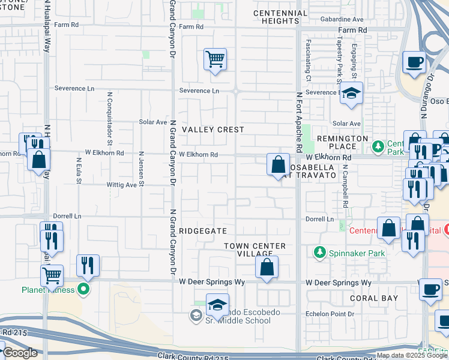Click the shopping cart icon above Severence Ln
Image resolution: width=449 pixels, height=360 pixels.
coord(215,59)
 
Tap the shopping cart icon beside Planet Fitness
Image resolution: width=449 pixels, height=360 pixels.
coord(52,276)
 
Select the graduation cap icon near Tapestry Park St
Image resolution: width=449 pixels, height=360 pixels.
coord(351,93)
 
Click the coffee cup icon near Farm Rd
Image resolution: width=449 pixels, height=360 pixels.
coord(414,62)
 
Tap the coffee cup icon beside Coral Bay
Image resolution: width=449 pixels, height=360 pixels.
coord(430,290)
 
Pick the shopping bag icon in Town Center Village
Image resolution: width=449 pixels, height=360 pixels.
coord(267,266)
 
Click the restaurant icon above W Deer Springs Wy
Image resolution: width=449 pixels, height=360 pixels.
coord(88,266)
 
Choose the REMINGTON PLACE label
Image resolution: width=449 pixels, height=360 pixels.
coord(342,142)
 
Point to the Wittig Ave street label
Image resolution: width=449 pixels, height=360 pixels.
coord(122,185)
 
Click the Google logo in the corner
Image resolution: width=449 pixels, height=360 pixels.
coord(20,353)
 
